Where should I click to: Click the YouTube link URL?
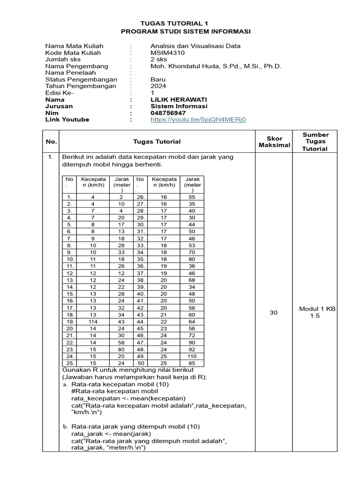click(x=198, y=120)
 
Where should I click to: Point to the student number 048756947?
click(x=168, y=113)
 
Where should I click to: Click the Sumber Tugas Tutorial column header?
click(x=315, y=142)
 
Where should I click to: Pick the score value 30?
click(x=274, y=313)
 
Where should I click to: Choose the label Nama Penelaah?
click(x=70, y=73)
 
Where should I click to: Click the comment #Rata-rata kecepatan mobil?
click(x=114, y=391)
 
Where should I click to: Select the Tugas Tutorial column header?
click(x=157, y=142)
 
